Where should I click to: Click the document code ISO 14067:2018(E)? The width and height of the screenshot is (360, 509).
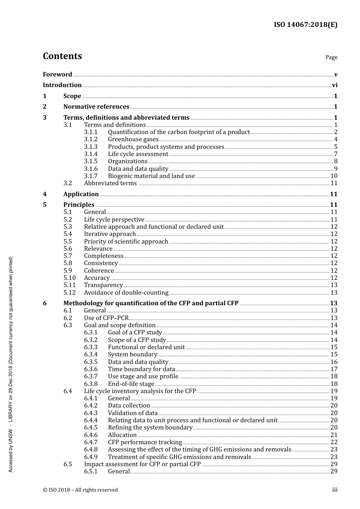[305, 25]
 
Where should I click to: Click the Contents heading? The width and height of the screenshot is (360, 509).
[62, 56]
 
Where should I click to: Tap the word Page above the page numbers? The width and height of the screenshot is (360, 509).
[331, 57]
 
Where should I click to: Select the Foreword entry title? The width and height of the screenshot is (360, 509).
[57, 75]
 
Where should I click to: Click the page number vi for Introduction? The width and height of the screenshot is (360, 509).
[335, 85]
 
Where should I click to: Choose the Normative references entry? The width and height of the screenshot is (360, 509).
[96, 107]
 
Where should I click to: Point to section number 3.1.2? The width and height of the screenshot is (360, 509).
[91, 139]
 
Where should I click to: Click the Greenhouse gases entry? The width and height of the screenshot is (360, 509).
[133, 139]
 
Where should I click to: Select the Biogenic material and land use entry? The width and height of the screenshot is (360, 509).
[151, 176]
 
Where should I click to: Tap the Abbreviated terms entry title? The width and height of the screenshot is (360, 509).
[110, 183]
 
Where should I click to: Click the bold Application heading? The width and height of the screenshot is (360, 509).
[81, 194]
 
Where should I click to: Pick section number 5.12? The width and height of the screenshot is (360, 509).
[69, 293]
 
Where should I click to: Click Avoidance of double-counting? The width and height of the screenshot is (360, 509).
[126, 293]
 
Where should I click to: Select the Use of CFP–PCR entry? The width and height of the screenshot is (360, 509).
[106, 318]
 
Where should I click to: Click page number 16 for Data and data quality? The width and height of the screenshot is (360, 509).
[334, 362]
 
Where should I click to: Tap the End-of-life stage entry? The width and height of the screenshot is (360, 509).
[131, 384]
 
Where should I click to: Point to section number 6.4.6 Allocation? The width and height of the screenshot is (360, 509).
[91, 435]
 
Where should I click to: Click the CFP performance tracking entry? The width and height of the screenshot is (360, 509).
[145, 442]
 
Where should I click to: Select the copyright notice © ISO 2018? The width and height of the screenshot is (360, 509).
[80, 490]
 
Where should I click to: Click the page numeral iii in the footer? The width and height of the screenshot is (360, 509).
[335, 490]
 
